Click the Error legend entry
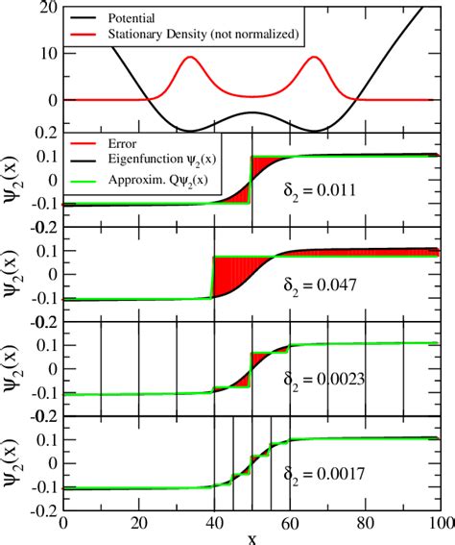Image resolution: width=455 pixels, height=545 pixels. (x=134, y=146)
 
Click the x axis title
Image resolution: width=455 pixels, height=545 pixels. (x=251, y=537)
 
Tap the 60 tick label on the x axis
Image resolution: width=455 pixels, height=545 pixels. (x=289, y=520)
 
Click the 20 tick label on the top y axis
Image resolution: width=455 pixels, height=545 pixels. (x=42, y=9)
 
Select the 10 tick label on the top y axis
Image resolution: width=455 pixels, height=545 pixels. (x=42, y=54)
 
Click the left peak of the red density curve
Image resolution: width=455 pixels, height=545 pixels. (x=189, y=58)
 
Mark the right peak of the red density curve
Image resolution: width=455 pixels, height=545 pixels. (x=313, y=58)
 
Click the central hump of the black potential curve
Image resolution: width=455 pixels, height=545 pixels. (x=251, y=113)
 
